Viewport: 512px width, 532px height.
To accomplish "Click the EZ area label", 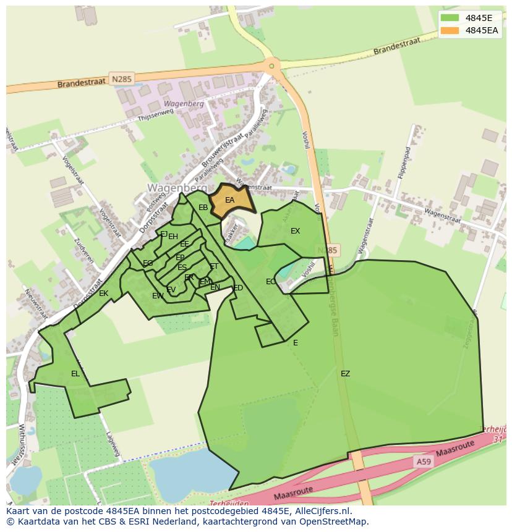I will coord(345,373).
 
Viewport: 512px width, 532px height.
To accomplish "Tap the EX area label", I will coord(295,231).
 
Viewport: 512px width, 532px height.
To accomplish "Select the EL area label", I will coord(75,373).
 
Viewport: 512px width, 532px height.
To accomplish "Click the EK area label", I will coord(103,293).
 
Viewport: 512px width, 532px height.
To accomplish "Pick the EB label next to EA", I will coord(203,208).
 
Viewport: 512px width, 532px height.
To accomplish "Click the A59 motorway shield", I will coord(424,462).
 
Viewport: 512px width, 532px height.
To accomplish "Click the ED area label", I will coord(238,287).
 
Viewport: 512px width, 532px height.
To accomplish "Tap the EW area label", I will coord(158,296).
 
